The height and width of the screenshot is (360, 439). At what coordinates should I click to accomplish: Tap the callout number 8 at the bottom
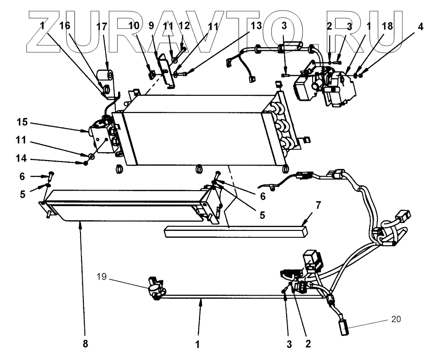pos(85,344)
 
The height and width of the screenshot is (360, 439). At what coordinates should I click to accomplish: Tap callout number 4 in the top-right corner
pos(420,26)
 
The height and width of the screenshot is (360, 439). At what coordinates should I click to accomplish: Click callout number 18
pos(388,26)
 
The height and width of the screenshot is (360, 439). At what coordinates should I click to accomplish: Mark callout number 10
pos(134,26)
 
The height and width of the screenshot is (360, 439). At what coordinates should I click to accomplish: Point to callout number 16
pos(65,26)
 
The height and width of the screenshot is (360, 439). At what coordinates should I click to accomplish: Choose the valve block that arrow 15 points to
pos(99,135)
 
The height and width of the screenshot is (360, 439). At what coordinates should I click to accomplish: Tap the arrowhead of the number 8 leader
pos(81,223)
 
